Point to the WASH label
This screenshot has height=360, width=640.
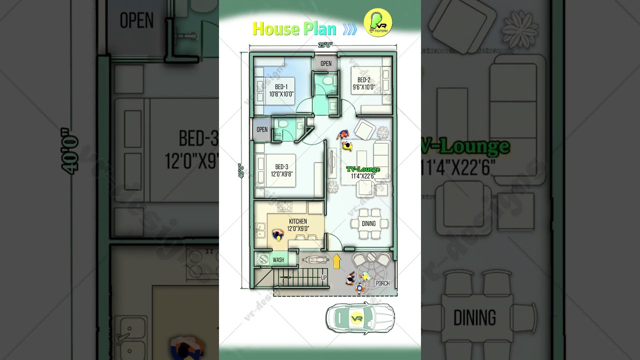pyautogui.click(x=278, y=260)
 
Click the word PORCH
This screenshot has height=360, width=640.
pyautogui.click(x=382, y=283)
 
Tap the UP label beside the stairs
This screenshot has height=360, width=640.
pyautogui.click(x=324, y=277)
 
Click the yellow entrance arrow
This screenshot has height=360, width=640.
pyautogui.click(x=337, y=260)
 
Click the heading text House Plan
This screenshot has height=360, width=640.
pyautogui.click(x=294, y=28)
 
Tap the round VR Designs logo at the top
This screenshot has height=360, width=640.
pyautogui.click(x=378, y=23)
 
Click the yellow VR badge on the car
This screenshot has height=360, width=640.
pyautogui.click(x=356, y=318)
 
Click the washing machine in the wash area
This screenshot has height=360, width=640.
pyautogui.click(x=262, y=259)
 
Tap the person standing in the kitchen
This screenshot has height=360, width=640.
pyautogui.click(x=278, y=234)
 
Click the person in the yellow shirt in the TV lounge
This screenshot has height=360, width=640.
pyautogui.click(x=347, y=146)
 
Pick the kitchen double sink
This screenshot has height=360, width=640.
pyautogui.click(x=260, y=230)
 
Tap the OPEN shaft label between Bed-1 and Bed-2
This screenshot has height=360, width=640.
pyautogui.click(x=326, y=63)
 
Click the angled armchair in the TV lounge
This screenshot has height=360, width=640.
pyautogui.click(x=365, y=130)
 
